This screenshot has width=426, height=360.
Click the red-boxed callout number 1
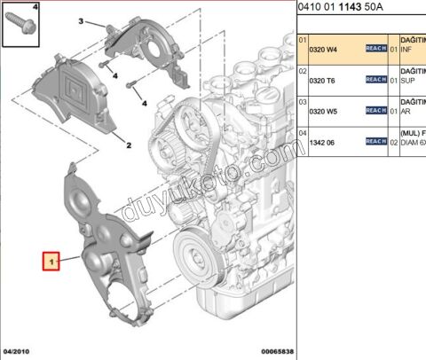tap(52, 262)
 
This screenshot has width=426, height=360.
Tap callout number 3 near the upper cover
tap(80, 20)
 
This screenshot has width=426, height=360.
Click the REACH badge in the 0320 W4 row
tap(375, 50)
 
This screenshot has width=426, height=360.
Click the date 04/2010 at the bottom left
tap(18, 351)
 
